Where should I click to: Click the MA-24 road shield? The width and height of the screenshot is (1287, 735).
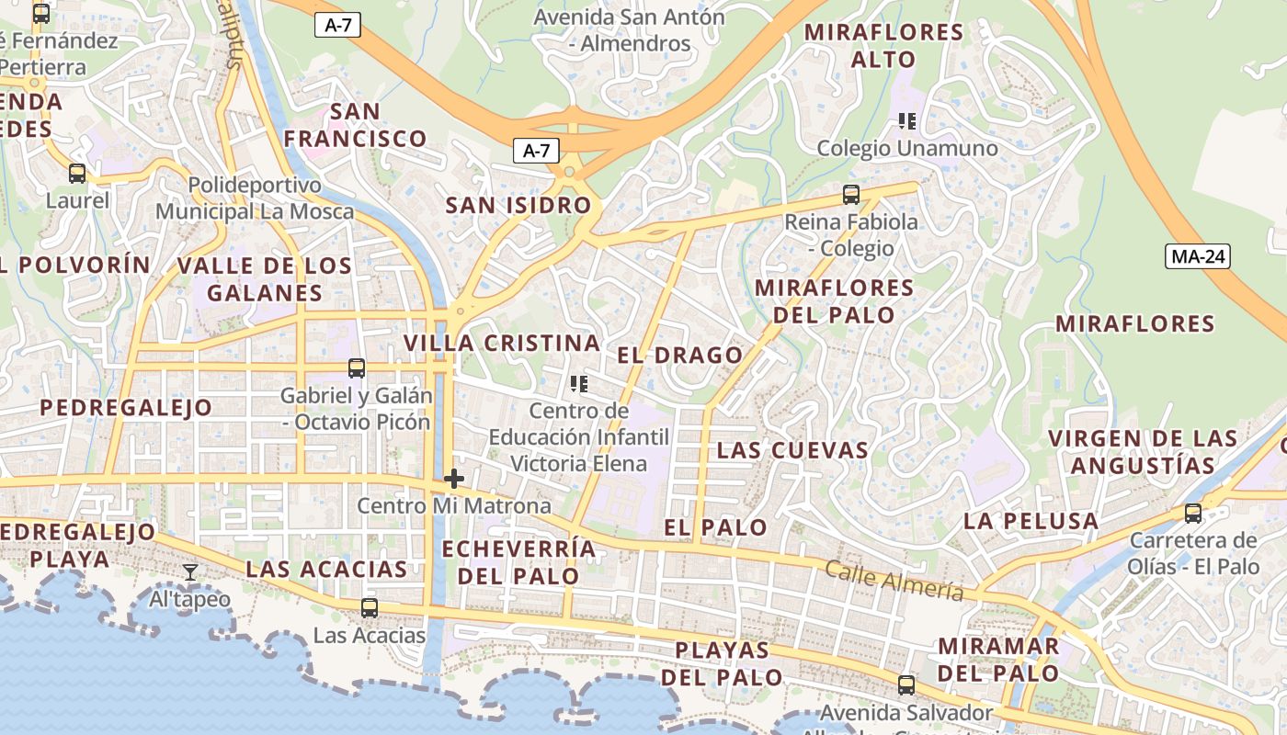1198,256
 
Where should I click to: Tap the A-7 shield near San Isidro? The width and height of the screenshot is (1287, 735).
536,151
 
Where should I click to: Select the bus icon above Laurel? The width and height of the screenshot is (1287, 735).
77,173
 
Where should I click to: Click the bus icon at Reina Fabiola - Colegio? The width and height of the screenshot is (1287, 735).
851,195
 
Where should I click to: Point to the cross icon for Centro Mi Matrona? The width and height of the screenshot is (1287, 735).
453,479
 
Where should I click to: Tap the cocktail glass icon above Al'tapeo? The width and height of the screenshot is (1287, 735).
190,572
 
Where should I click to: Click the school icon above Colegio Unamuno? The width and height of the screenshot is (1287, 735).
907,121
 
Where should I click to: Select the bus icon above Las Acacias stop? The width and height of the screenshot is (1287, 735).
370,607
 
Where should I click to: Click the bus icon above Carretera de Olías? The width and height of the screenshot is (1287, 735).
1193,513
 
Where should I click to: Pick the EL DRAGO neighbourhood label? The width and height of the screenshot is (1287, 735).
679,356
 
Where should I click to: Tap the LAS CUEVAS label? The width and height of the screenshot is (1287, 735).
792,450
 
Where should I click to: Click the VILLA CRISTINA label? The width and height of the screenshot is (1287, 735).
502,344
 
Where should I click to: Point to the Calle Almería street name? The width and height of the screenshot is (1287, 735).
894,581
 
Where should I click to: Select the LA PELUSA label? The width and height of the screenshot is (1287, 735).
1031,521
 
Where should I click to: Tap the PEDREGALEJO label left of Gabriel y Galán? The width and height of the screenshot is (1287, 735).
126,408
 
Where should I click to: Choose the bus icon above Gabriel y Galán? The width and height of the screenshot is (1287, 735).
357,368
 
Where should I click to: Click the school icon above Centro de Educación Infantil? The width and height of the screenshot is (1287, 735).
578,384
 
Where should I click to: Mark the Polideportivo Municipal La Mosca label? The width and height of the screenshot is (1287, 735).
255,198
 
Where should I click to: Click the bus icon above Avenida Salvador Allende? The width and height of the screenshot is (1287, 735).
906,684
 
